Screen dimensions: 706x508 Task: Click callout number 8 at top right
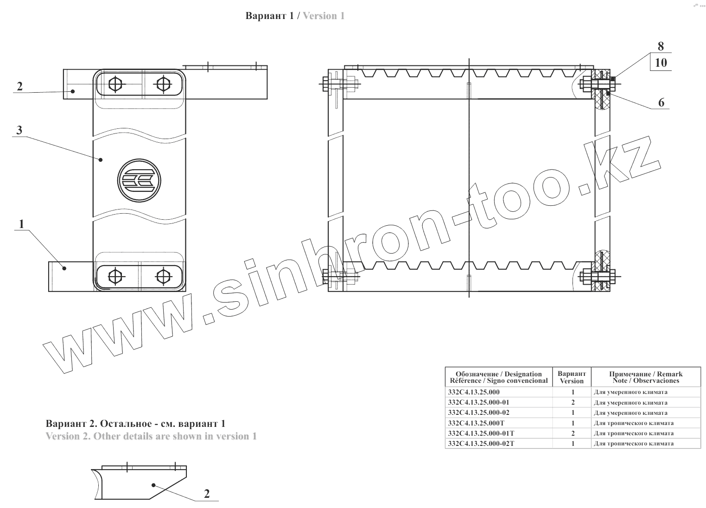coord(661,46)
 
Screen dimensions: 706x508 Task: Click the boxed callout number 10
coord(661,63)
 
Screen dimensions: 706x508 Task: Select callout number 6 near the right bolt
coord(661,102)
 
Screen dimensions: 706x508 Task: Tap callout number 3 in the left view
coord(19,130)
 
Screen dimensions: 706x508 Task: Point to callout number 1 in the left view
coord(21,224)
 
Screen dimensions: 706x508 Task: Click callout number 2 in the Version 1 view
coord(19,86)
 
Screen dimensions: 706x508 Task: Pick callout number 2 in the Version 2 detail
coord(207,493)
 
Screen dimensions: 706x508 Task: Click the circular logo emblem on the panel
coord(139,181)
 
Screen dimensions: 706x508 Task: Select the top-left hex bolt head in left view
coord(115,84)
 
